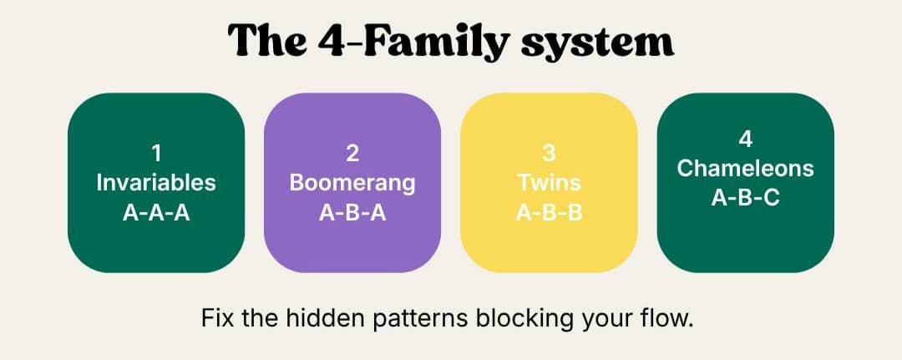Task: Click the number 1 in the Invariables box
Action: coord(156,154)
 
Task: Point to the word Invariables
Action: coord(156,183)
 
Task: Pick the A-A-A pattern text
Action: coord(156,213)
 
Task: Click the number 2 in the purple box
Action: coord(352,154)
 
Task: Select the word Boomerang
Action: coord(352,184)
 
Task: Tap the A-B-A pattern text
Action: coord(352,213)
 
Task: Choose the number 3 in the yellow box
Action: coord(550,154)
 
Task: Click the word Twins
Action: coord(550,183)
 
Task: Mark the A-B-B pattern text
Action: coord(550,213)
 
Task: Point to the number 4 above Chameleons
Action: coord(746,139)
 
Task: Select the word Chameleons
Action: coord(746,169)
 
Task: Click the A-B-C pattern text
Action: coord(746,198)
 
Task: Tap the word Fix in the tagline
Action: coord(217,318)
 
